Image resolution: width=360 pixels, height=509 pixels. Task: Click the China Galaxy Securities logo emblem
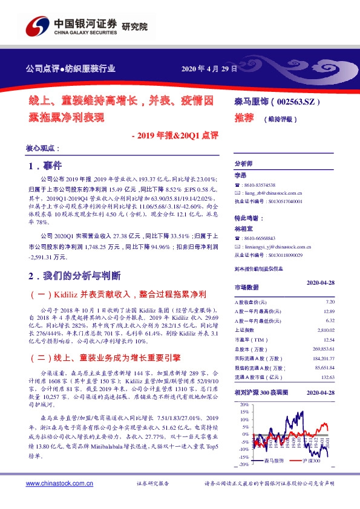pyautogui.click(x=37, y=27)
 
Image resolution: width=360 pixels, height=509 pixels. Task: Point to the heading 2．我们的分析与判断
pyautogui.click(x=76, y=276)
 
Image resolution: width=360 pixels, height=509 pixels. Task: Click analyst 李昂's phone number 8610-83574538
pyautogui.click(x=260, y=184)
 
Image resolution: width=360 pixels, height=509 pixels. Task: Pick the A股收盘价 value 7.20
pyautogui.click(x=330, y=301)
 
